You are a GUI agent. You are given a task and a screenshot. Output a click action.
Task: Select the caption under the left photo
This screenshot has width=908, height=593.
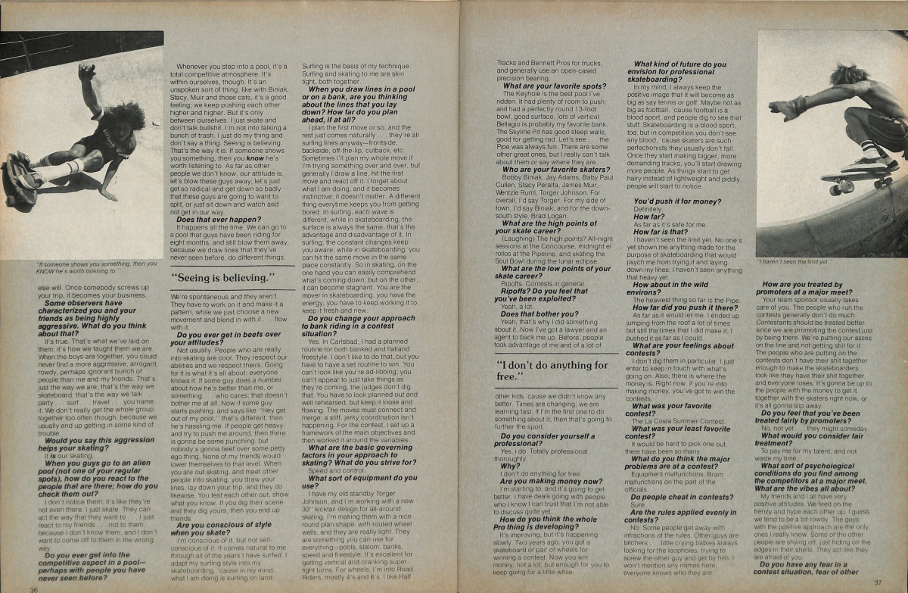click(79, 267)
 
